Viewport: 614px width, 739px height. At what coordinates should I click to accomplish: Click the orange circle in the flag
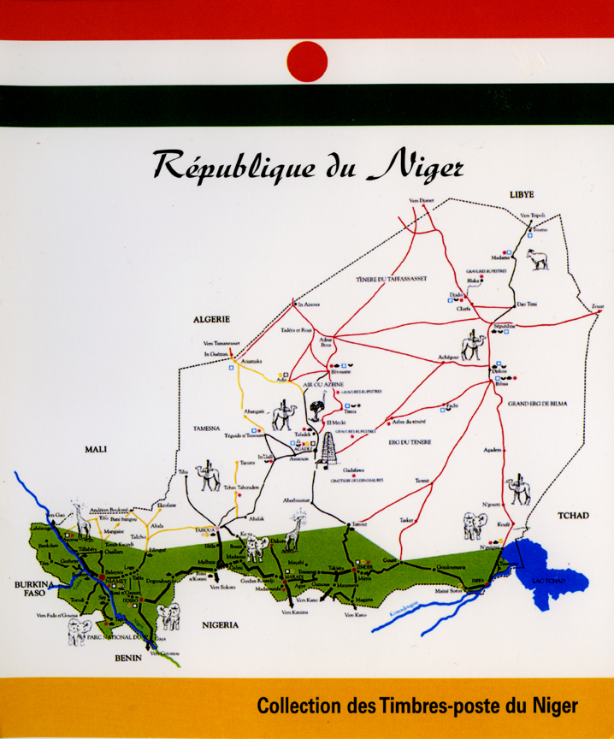click(x=307, y=62)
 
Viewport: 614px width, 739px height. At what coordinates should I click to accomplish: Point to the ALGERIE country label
click(x=213, y=319)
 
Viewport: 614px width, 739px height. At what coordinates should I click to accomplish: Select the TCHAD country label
click(x=573, y=515)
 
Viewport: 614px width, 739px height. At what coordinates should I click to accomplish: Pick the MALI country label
click(x=95, y=448)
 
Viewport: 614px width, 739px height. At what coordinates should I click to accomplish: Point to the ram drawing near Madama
click(x=538, y=258)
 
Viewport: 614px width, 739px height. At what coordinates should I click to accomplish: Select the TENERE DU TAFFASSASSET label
click(x=390, y=279)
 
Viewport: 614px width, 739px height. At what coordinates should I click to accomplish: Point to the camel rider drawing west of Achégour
click(x=473, y=343)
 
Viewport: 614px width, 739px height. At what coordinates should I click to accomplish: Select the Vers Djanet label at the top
click(x=422, y=200)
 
